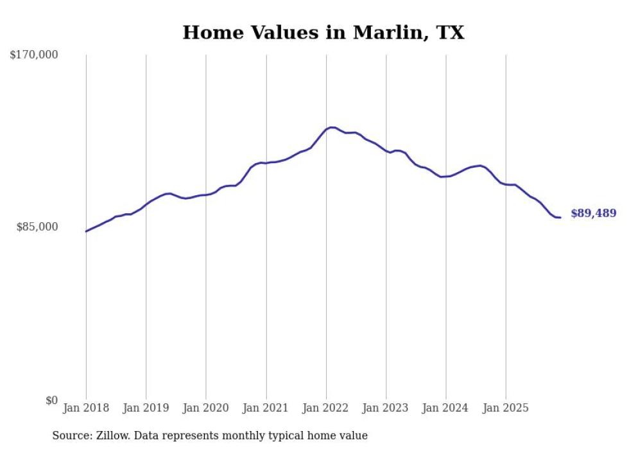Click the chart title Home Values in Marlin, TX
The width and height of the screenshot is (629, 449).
(323, 33)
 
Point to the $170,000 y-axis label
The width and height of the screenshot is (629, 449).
(34, 55)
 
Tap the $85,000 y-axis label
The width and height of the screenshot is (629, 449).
(37, 227)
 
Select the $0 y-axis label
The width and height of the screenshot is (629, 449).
(51, 400)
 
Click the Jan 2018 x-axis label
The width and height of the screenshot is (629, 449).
(86, 408)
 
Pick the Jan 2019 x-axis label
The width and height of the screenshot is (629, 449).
(146, 408)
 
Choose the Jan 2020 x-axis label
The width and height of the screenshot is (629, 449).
(206, 408)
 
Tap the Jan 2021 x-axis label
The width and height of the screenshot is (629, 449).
(266, 408)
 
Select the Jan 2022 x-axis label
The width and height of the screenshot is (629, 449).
(326, 408)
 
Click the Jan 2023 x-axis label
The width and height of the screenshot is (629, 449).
(386, 408)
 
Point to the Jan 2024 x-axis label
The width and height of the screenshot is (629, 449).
(446, 408)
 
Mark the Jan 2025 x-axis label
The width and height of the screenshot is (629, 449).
(506, 408)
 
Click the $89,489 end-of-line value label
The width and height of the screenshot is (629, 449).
(593, 213)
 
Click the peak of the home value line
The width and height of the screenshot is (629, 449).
(331, 127)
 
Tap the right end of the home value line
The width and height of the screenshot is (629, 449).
(560, 217)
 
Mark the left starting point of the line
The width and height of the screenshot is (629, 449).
(86, 231)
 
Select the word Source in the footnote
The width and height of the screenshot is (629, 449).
(71, 436)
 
